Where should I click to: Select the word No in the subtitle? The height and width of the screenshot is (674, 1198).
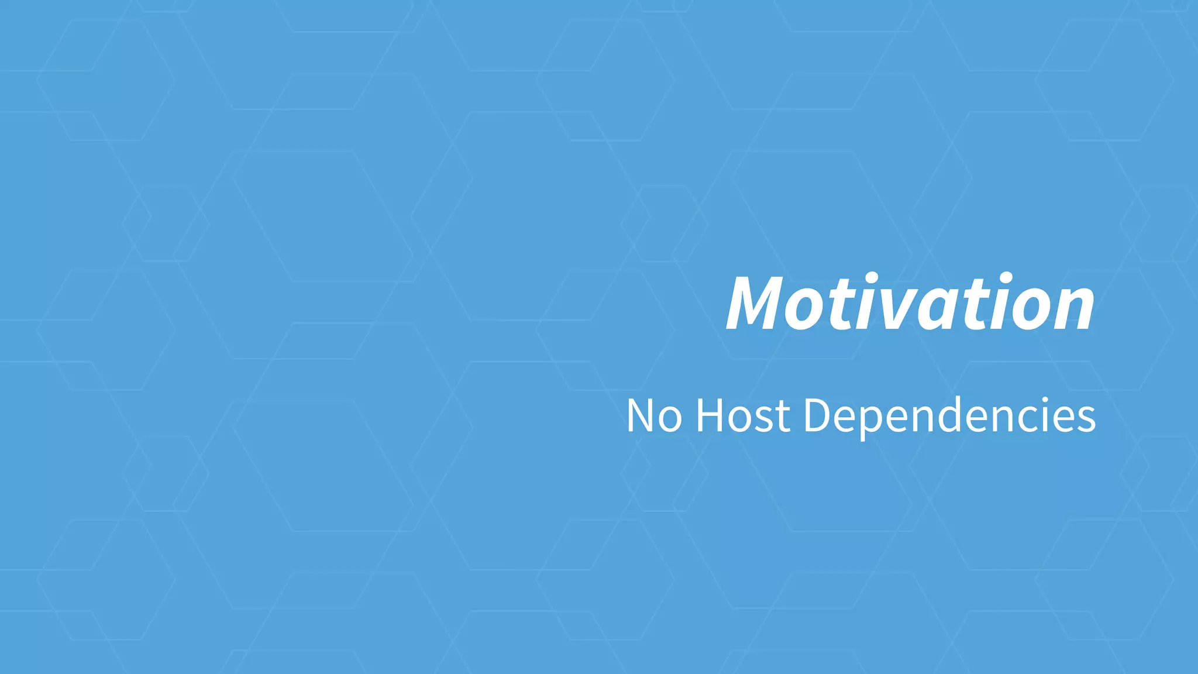(654, 416)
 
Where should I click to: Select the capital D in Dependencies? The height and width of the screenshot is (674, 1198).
(818, 416)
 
